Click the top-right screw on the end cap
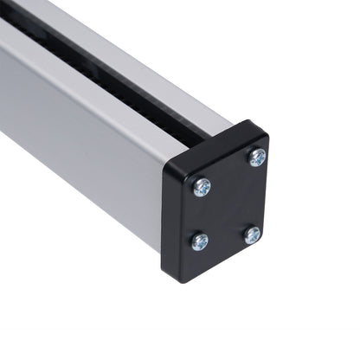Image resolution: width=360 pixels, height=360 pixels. (x=257, y=157)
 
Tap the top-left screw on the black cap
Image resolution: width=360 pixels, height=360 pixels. (x=202, y=186)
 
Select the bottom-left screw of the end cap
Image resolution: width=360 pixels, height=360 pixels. (x=200, y=241)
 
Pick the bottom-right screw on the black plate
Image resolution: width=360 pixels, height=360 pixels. (x=252, y=235)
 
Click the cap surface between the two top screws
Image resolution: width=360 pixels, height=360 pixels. (x=229, y=171)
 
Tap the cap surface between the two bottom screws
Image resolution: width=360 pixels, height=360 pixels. (x=226, y=239)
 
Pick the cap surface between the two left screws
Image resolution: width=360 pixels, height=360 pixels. (x=201, y=214)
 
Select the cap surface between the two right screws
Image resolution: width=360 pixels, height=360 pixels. (x=254, y=196)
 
